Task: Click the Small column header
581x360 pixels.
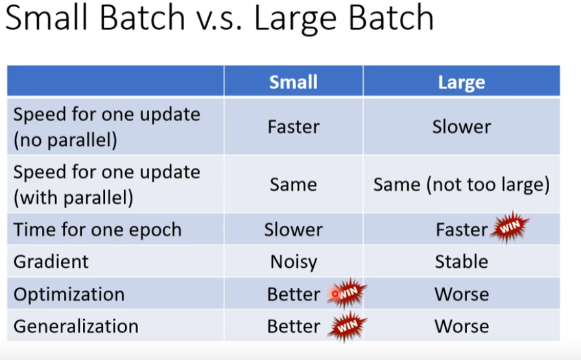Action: (x=293, y=82)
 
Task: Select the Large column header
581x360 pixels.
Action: (x=461, y=82)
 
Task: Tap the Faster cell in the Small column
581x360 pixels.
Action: (x=294, y=126)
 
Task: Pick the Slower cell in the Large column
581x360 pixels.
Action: (x=461, y=126)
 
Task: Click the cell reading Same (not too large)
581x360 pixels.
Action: (x=461, y=185)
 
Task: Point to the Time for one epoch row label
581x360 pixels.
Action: (x=97, y=230)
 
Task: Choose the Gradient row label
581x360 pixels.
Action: (x=51, y=262)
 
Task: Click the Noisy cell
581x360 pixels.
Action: (x=294, y=262)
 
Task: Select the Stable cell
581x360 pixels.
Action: (x=461, y=262)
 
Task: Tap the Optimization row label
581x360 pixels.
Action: (x=69, y=294)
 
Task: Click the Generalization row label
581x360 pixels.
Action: (x=76, y=327)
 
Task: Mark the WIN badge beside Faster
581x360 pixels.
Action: (x=510, y=227)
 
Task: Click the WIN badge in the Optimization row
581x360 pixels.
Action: (x=347, y=293)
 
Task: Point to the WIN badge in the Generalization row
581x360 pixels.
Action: (x=347, y=326)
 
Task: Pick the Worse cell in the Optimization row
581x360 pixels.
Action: (x=462, y=294)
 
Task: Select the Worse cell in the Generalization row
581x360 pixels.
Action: (x=462, y=327)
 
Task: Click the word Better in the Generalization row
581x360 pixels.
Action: (x=294, y=327)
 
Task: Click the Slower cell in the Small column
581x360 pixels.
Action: (x=294, y=230)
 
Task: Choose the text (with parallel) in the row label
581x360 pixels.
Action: (x=73, y=198)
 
